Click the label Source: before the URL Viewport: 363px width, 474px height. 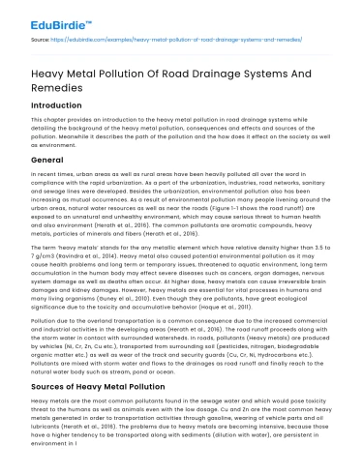click(42, 42)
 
